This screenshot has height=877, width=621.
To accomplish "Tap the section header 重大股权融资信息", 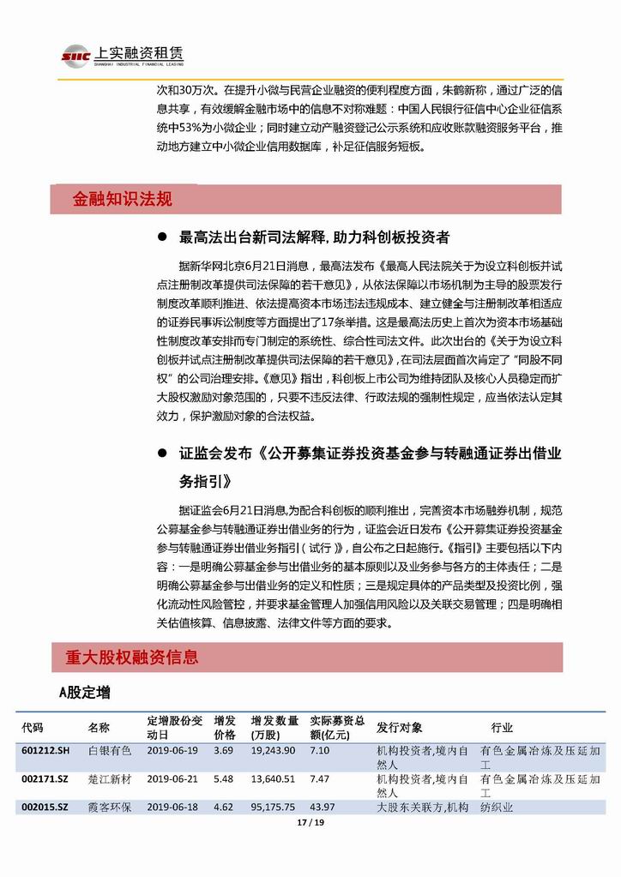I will [x=132, y=658].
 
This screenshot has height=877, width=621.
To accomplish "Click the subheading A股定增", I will [x=84, y=691].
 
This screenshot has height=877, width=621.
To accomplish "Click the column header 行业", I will [x=502, y=727].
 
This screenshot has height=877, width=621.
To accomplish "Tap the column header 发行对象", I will [x=400, y=727].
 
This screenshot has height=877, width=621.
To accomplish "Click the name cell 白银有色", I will [x=110, y=750].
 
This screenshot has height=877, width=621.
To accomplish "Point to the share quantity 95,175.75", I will [x=274, y=807].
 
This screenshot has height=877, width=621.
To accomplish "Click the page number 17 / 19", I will [x=310, y=823].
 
